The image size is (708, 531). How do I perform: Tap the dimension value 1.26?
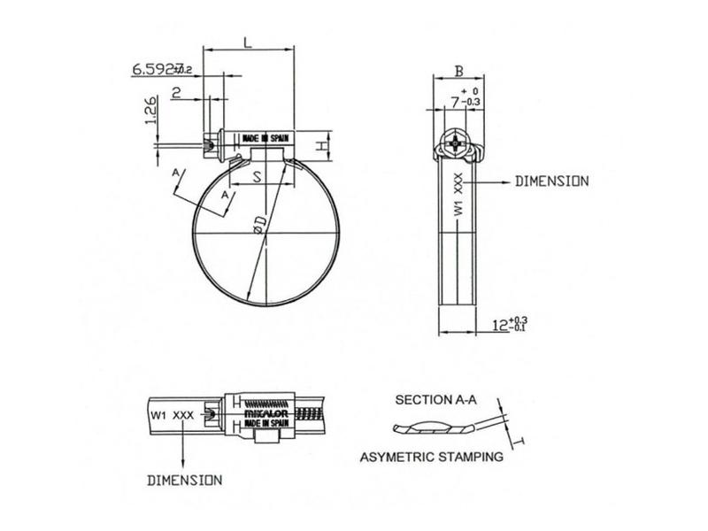coord(150,112)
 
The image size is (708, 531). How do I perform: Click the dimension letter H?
coord(326,142)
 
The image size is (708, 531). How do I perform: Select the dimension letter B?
coord(458,70)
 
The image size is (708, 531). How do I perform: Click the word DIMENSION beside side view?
coord(551,181)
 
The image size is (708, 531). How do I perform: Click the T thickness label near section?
coord(520,440)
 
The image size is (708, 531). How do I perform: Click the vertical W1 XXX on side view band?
coord(458,195)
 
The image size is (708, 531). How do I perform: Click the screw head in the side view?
coord(455,142)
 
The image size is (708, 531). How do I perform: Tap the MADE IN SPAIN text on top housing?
coord(265,139)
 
